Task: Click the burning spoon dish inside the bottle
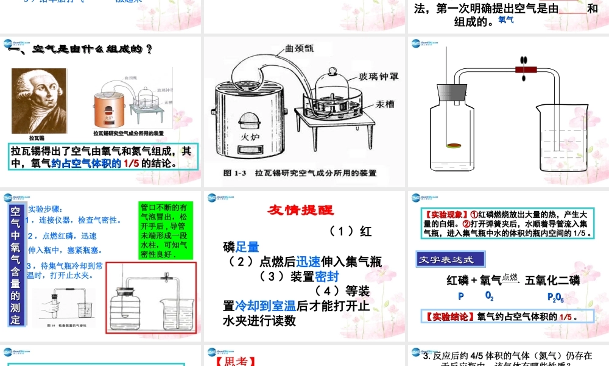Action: (454, 145)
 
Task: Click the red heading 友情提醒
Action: (301, 210)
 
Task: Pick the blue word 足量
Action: (248, 247)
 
